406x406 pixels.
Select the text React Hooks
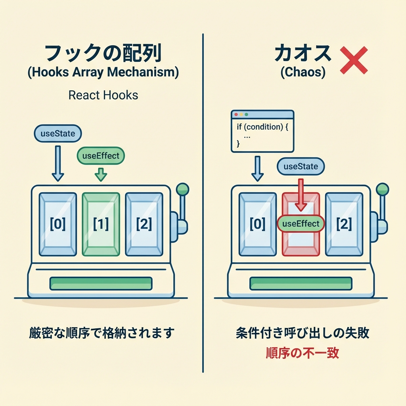pos(103,95)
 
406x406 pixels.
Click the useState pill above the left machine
pos(58,134)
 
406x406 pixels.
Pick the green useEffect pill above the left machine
pos(100,156)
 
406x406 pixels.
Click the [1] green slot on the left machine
pos(101,224)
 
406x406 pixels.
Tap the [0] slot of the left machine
pos(58,224)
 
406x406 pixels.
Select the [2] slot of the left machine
pos(144,224)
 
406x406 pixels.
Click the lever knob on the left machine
pos(182,189)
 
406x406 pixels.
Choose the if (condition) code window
pos(262,131)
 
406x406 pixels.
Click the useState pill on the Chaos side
pos(301,167)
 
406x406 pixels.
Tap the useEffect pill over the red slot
pos(301,224)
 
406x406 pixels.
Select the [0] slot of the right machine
pos(258,224)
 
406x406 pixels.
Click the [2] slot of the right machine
pos(344,224)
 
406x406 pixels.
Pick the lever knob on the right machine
pos(382,189)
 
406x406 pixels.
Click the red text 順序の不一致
pos(303,352)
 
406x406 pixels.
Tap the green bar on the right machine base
pos(301,283)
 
